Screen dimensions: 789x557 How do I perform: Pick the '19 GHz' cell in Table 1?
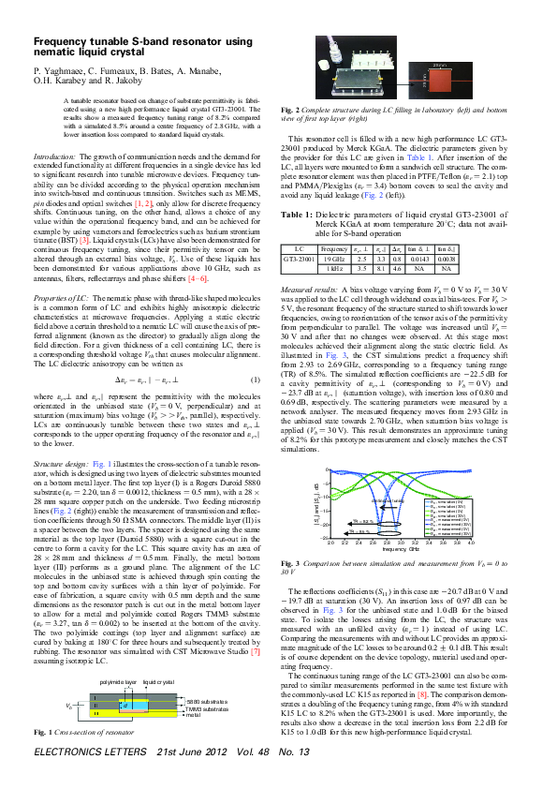coord(335,231)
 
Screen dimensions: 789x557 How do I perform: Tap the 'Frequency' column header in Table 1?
coord(335,222)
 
